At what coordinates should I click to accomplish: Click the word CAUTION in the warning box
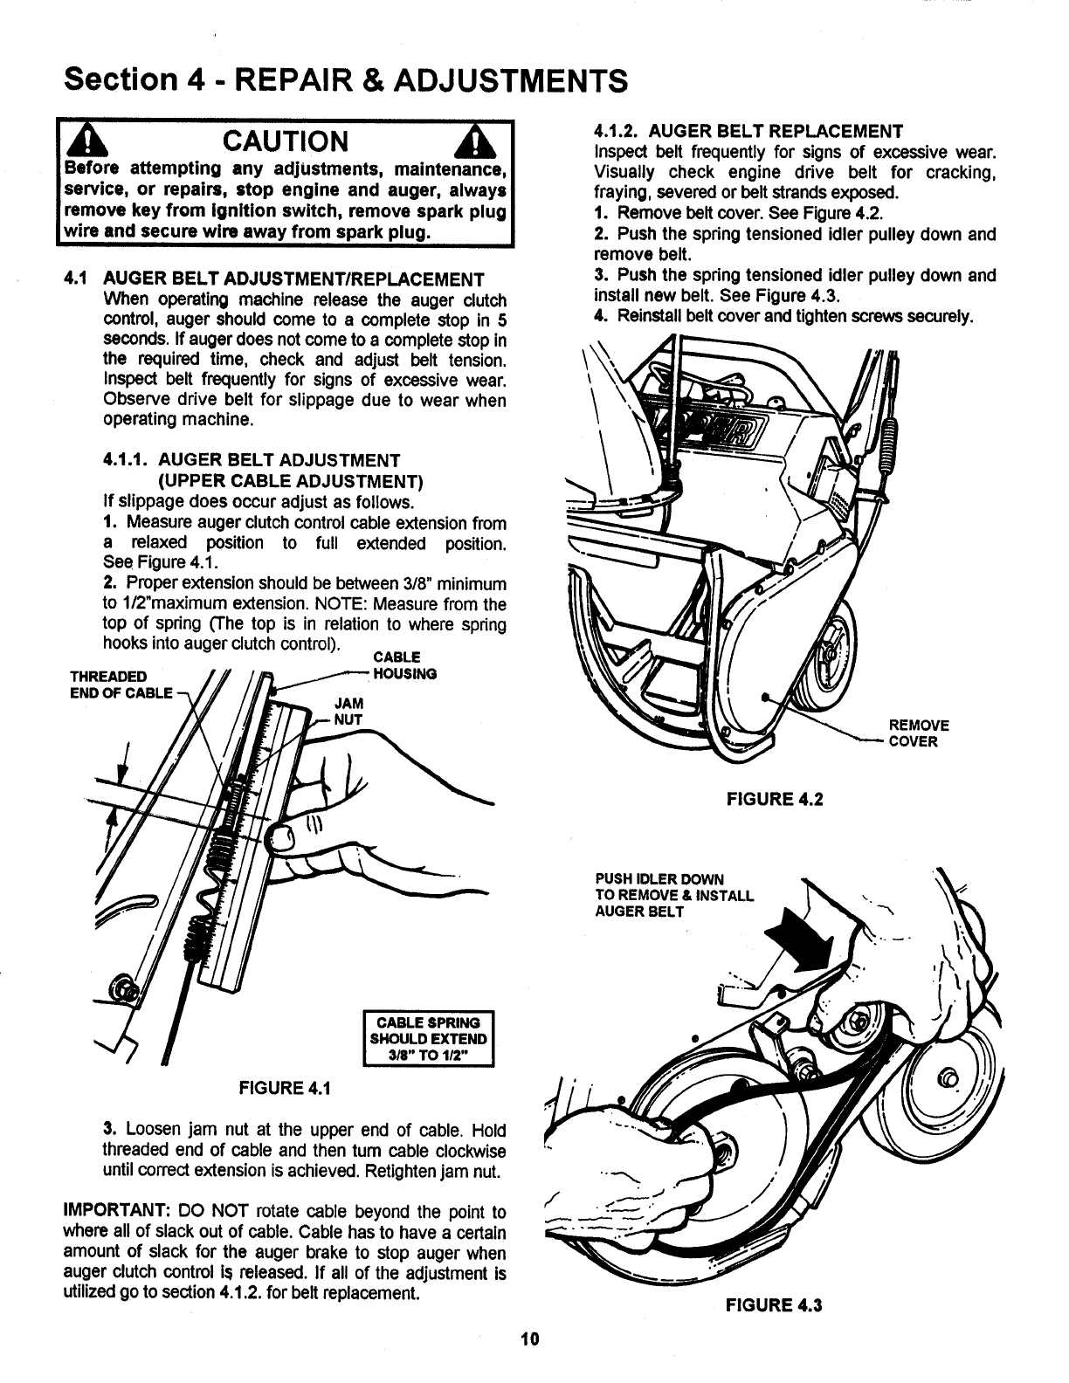(286, 141)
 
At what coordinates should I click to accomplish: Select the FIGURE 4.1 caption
(279, 1088)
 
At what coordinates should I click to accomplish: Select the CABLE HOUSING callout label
(403, 665)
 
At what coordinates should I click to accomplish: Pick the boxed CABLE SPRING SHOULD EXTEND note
(428, 1039)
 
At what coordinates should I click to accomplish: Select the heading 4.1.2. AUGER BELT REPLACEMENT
(748, 132)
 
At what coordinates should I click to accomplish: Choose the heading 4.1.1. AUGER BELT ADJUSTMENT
(252, 460)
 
